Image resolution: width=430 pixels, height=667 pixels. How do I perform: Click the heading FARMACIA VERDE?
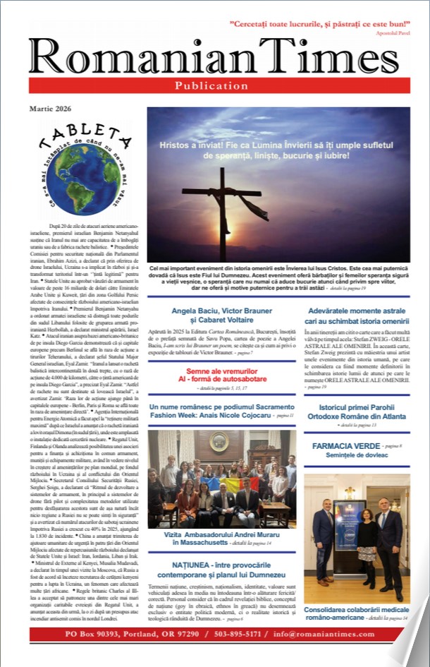pyautogui.click(x=345, y=447)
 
